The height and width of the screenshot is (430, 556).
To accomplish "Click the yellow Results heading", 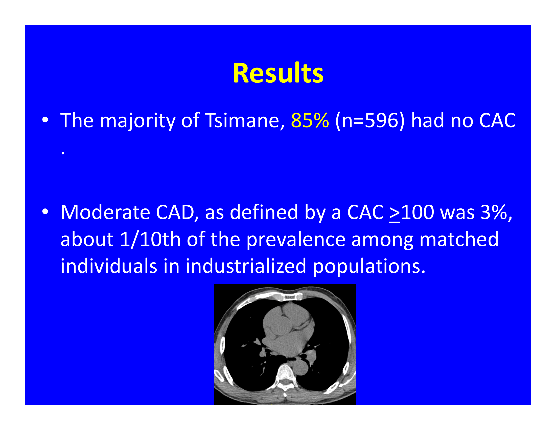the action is tap(278, 73).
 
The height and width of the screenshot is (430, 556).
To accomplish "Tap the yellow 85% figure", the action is tap(310, 120).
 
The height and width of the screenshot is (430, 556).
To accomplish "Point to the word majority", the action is tap(137, 121).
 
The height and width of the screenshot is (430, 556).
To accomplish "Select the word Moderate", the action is tap(105, 212).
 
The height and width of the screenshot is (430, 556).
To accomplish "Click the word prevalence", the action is tap(296, 240).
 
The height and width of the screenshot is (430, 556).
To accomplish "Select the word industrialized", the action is tap(246, 266).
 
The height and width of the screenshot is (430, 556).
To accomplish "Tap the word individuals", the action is tap(109, 266).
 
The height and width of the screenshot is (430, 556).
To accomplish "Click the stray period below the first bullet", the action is tap(63, 153).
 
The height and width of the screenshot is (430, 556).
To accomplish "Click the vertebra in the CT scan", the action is tap(285, 377).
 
